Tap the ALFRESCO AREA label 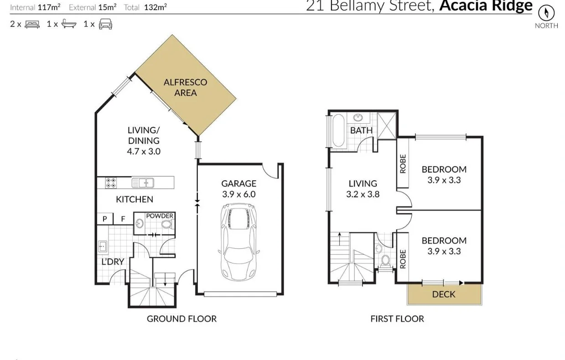coord(185,88)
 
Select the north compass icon coord(546,12)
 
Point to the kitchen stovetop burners coord(111,183)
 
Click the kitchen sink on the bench coord(143,183)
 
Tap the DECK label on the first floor coord(443,294)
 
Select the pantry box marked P coord(104,219)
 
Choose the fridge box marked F coord(123,219)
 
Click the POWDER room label coord(159,216)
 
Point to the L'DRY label coord(113,261)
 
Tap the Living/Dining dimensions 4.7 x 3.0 coord(144,151)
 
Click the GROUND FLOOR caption coord(181,318)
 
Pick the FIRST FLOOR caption coord(397,318)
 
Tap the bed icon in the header coord(32,24)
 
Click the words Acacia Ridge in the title coord(486,6)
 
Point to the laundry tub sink coord(103,247)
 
